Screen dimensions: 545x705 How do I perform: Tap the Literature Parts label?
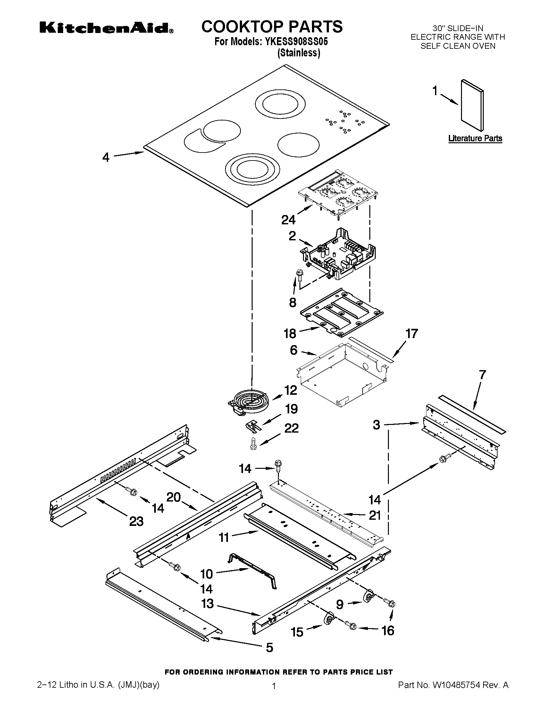coord(475,138)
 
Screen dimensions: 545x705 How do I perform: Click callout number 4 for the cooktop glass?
coord(106,158)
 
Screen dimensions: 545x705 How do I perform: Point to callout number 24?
coord(288,220)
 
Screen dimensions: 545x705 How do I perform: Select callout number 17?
coord(412,334)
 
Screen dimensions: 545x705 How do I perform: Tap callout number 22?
coord(291,428)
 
